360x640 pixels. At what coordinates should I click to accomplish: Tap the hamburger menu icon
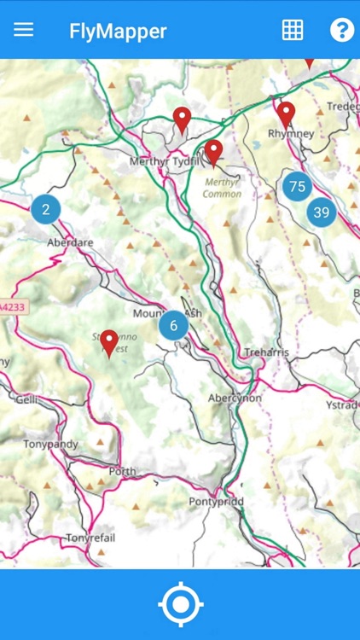24,30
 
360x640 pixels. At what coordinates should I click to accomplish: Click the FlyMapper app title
118,31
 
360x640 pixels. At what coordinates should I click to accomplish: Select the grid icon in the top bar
293,30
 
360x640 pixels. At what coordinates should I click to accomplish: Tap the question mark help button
341,30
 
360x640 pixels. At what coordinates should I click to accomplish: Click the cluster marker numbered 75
297,186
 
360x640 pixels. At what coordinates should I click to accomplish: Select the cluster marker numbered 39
321,212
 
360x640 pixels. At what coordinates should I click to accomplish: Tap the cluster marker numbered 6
173,324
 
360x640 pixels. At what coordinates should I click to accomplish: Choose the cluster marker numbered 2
46,209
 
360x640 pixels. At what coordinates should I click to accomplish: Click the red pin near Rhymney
286,113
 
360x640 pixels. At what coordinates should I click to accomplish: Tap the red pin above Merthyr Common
213,152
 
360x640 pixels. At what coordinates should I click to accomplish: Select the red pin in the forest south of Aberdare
109,342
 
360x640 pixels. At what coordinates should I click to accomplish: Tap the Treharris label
267,352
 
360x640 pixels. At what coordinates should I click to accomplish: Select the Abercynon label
235,399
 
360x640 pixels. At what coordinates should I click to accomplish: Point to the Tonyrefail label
90,538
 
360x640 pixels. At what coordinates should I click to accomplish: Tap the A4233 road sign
14,305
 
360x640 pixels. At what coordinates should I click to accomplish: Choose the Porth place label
122,471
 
